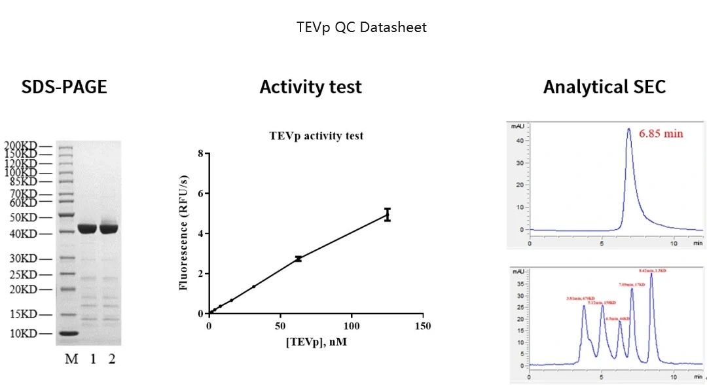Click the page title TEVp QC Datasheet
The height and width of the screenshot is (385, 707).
pos(361,27)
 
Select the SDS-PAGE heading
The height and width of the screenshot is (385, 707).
pos(64,87)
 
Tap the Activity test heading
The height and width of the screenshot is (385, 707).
pos(310,87)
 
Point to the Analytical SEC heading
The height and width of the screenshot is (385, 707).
pos(604,87)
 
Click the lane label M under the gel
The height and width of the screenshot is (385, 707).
pos(71,359)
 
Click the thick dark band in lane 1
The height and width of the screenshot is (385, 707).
pos(87,229)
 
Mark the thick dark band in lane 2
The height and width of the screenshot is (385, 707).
pos(109,229)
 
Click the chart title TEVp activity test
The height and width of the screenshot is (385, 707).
pos(316,136)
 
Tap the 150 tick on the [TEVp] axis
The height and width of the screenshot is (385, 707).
pos(424,325)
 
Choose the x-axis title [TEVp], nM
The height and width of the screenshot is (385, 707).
pos(316,340)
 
